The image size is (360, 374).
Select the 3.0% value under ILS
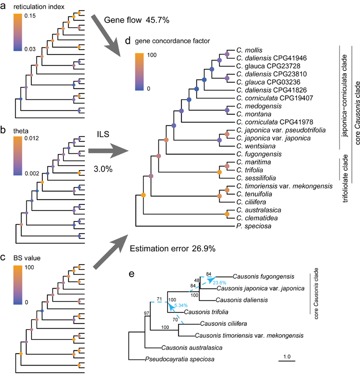[102, 169]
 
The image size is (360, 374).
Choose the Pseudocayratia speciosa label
[180, 359]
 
